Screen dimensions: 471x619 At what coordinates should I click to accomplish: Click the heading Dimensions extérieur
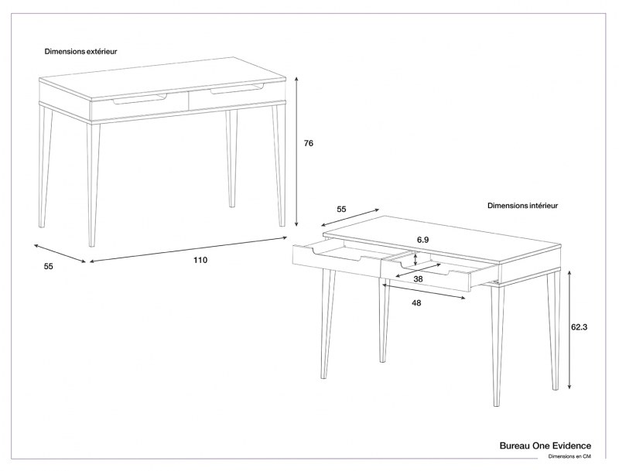coord(80,51)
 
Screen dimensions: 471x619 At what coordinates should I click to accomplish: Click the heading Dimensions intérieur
coord(522,206)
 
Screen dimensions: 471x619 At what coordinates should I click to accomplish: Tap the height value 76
coord(308,143)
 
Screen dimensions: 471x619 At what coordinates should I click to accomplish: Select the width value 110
coord(200,260)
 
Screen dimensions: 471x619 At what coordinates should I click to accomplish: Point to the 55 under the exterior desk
coord(48,266)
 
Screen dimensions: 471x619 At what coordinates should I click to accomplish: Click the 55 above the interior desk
coord(341,209)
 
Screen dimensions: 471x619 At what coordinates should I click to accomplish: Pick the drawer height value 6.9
coord(422,241)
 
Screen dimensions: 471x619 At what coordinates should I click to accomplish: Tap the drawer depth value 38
coord(418,278)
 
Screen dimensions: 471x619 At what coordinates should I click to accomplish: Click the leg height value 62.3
coord(580,327)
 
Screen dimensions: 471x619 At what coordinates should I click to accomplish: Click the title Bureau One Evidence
coord(545,445)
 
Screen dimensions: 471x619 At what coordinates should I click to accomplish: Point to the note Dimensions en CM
coord(569,457)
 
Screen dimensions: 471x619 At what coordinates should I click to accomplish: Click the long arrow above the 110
coord(188,248)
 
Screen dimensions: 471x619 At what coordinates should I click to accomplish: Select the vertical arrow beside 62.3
coord(569,329)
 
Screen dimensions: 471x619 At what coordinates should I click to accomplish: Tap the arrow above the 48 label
coord(423,290)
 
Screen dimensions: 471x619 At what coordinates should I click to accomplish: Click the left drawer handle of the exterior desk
coord(140,98)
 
